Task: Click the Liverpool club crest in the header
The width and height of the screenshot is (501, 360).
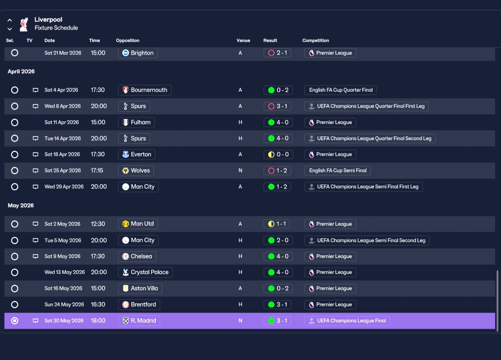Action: click(24, 24)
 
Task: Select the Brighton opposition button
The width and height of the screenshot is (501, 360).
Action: click(138, 53)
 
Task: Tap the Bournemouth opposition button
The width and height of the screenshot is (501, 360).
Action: click(145, 90)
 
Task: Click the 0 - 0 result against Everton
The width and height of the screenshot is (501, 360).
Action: click(278, 154)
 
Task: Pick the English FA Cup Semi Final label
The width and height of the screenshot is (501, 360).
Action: click(337, 170)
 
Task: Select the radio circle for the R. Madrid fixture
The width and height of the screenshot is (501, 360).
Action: click(15, 320)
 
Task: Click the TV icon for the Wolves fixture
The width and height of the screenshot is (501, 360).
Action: click(35, 170)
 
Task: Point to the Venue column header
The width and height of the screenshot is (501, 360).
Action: click(243, 40)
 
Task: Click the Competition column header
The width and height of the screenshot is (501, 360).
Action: click(315, 40)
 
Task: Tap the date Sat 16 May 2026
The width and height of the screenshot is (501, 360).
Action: click(63, 288)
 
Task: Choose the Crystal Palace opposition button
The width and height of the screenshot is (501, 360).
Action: click(145, 272)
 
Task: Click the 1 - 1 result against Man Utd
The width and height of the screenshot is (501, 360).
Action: click(277, 224)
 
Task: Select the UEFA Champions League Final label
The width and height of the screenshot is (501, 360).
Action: click(347, 320)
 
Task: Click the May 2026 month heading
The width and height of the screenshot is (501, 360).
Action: click(21, 206)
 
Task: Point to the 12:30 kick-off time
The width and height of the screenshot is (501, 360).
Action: click(98, 224)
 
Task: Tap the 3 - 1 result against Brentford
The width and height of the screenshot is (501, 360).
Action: click(278, 304)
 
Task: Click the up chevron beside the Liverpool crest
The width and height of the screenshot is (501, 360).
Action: click(10, 20)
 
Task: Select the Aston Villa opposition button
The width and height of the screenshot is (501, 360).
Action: click(140, 288)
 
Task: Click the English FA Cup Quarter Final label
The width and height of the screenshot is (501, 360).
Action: click(341, 90)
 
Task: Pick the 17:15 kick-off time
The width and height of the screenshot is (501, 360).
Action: click(97, 170)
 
